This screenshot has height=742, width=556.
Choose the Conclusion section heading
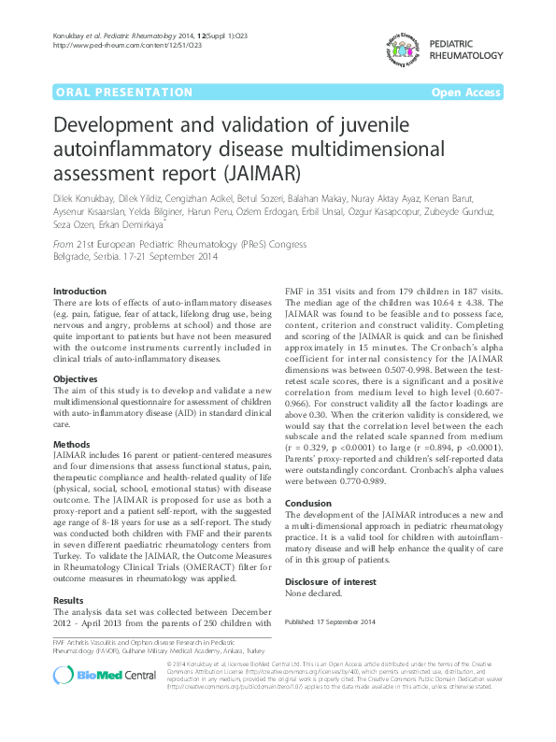[x=308, y=503]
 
